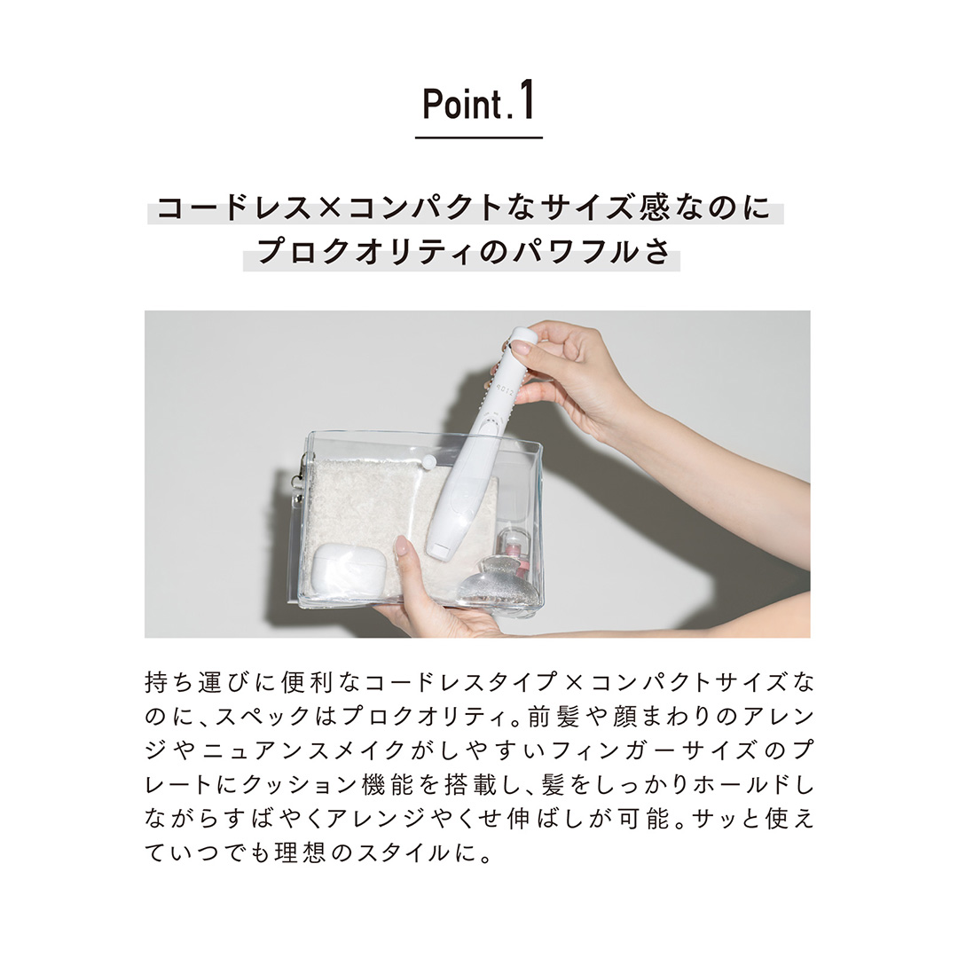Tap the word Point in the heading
pyautogui.click(x=462, y=106)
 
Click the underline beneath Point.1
pyautogui.click(x=478, y=137)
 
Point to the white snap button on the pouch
pyautogui.click(x=429, y=462)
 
